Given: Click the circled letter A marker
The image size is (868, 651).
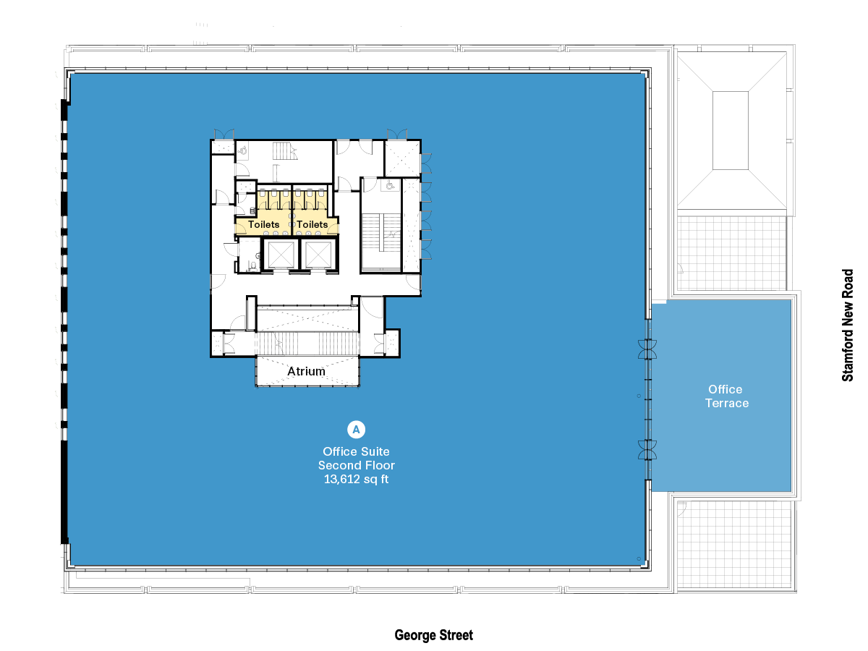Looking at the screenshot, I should click(356, 429).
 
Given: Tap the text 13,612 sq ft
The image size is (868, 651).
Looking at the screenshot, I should click(356, 479).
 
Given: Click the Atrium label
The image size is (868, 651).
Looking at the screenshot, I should click(306, 371).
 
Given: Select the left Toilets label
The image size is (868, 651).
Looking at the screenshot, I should click(264, 225).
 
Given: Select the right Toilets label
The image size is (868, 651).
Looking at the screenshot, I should click(312, 225).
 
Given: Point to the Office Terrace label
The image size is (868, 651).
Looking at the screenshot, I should click(726, 396).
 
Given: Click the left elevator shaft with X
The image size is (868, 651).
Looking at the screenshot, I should click(279, 254).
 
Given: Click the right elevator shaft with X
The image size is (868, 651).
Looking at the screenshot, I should click(318, 254).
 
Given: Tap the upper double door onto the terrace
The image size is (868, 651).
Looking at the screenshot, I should click(647, 349).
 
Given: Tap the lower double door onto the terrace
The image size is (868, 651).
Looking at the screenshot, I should click(647, 449).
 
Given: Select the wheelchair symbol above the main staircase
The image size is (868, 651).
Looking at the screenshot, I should click(390, 186).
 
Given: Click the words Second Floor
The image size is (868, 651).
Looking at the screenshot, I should click(356, 465).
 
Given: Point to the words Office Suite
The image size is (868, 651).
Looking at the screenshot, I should click(356, 451).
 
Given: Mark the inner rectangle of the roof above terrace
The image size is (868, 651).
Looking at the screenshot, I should click(730, 130).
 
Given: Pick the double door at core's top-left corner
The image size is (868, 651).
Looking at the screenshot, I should click(224, 134).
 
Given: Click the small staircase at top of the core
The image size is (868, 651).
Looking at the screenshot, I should click(284, 151).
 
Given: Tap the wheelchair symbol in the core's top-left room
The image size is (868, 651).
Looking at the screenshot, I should click(244, 150).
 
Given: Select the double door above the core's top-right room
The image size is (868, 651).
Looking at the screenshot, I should click(397, 134).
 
